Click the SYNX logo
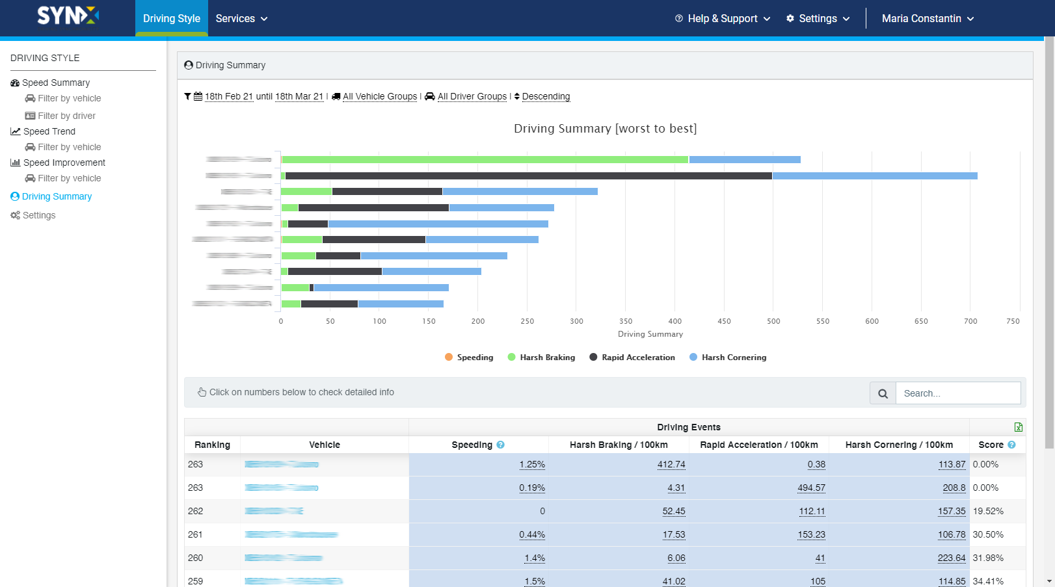pyautogui.click(x=68, y=16)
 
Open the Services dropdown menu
pyautogui.click(x=241, y=19)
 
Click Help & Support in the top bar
pyautogui.click(x=722, y=19)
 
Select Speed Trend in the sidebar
pyautogui.click(x=49, y=131)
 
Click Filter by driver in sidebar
pyautogui.click(x=66, y=116)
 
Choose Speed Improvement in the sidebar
pyautogui.click(x=64, y=163)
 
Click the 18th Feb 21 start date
pyautogui.click(x=228, y=96)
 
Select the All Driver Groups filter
pyautogui.click(x=472, y=96)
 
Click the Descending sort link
pyautogui.click(x=546, y=96)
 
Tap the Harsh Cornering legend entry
pyautogui.click(x=733, y=358)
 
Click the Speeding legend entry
pyautogui.click(x=474, y=358)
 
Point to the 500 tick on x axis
pyautogui.click(x=773, y=321)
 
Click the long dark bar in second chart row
pyautogui.click(x=528, y=176)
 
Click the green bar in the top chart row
pyautogui.click(x=485, y=159)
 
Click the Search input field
pyautogui.click(x=957, y=393)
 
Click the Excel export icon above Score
pyautogui.click(x=1018, y=427)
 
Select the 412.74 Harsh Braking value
pyautogui.click(x=671, y=464)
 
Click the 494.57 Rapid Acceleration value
pyautogui.click(x=811, y=488)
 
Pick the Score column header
pyautogui.click(x=991, y=445)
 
